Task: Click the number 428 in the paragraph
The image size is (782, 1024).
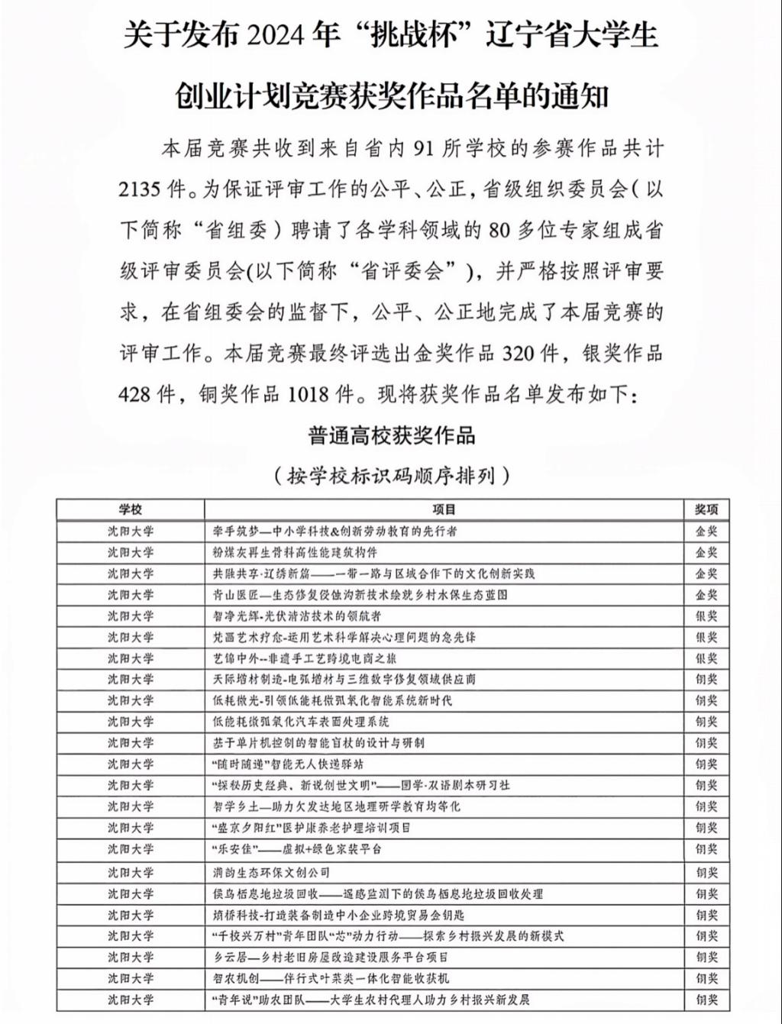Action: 137,394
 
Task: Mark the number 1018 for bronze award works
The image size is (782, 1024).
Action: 309,394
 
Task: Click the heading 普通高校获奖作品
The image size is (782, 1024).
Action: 391,436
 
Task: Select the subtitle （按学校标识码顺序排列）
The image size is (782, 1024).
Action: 391,476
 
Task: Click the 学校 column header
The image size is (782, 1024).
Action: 131,509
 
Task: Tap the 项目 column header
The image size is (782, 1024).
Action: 444,509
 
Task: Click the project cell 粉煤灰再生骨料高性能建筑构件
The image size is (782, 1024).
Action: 295,552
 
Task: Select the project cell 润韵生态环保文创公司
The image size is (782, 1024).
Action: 271,872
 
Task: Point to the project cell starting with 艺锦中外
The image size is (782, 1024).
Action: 304,658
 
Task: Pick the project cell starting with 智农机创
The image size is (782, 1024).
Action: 331,978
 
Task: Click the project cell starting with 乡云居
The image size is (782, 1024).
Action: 330,957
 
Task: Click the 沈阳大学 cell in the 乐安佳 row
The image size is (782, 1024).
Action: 131,848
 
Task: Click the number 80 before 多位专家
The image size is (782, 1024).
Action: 499,230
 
